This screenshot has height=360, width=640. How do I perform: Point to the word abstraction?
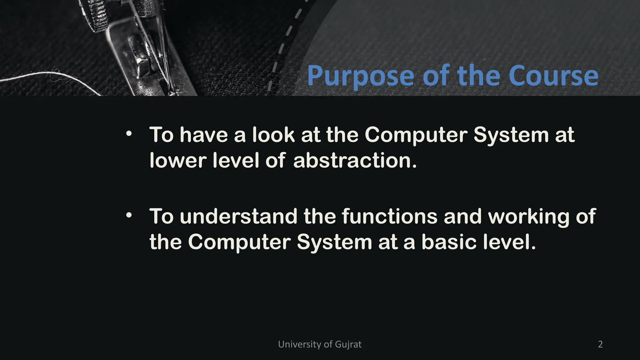click(x=355, y=160)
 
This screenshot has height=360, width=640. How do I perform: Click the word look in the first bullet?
click(x=273, y=135)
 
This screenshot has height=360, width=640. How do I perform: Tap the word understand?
click(x=239, y=216)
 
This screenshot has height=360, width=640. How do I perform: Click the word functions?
click(x=390, y=216)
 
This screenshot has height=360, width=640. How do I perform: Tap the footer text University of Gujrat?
click(x=320, y=344)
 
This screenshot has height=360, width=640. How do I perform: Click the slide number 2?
click(x=600, y=344)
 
